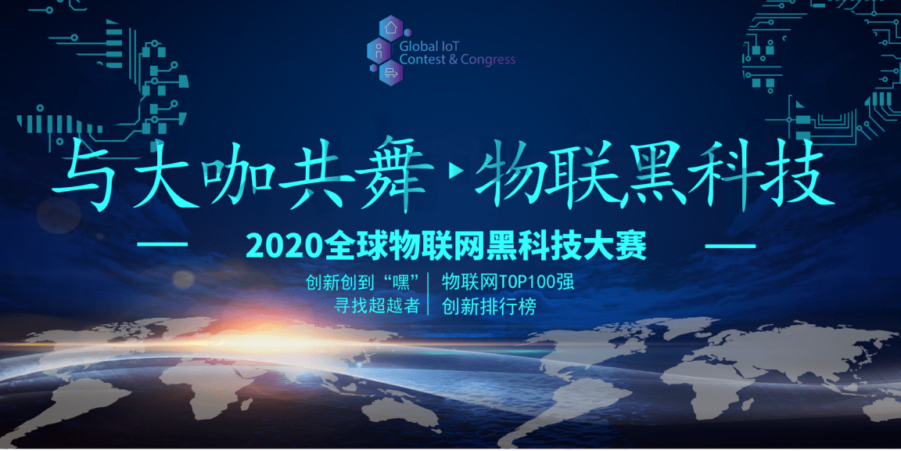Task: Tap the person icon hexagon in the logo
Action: tap(379, 52)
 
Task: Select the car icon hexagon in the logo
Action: tap(390, 74)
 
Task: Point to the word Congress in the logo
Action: tap(488, 60)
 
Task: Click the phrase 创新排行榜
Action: tap(489, 307)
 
